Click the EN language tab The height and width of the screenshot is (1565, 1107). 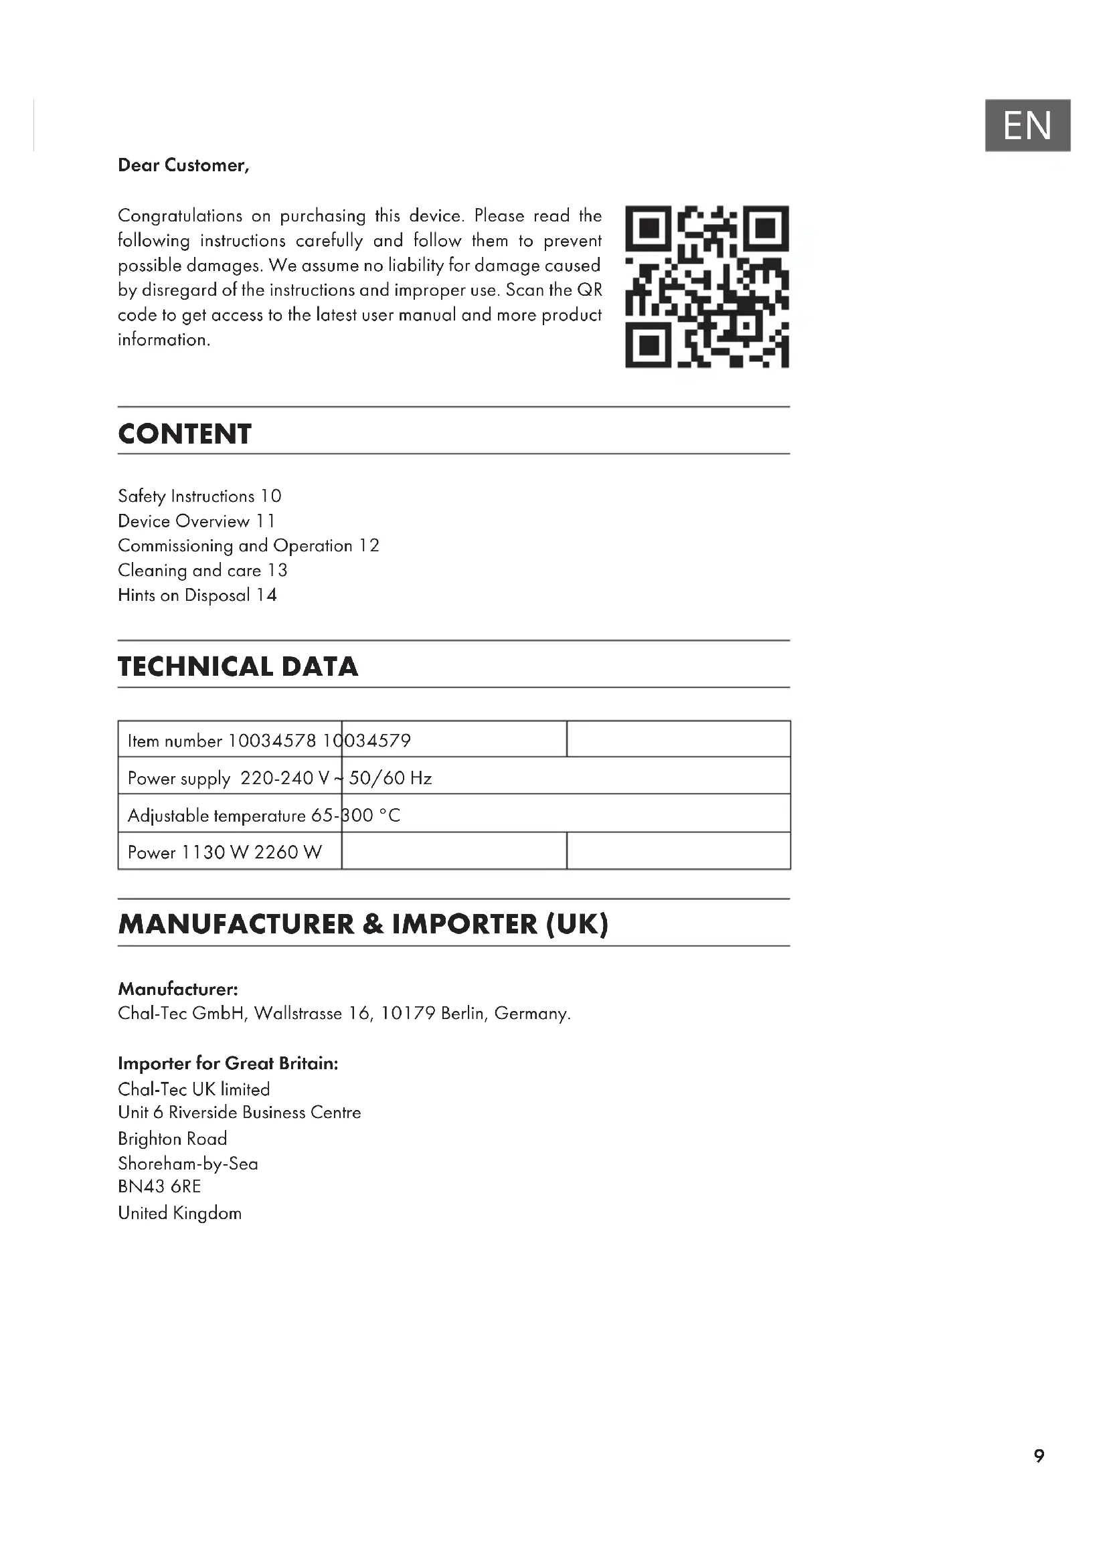(1027, 125)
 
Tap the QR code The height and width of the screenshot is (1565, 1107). (707, 287)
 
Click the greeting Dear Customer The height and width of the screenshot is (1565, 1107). (183, 166)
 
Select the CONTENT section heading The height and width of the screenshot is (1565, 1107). (185, 434)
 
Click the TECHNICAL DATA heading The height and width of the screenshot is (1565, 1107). (238, 666)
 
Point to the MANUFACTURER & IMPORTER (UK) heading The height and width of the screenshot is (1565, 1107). (363, 924)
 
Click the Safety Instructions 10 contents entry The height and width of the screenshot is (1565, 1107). (199, 496)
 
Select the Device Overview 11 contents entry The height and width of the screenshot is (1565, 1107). (196, 521)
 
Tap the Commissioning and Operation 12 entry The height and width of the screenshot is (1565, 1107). (248, 546)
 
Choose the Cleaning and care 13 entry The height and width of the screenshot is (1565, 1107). (202, 571)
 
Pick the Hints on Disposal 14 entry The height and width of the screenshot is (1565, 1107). (197, 595)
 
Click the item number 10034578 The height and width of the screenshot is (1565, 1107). (272, 741)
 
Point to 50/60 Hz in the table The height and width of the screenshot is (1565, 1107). (390, 778)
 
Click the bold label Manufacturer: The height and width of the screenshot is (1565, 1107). (178, 989)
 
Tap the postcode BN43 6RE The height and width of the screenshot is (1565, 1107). (159, 1187)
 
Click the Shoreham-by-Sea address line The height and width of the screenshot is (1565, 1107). (188, 1164)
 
